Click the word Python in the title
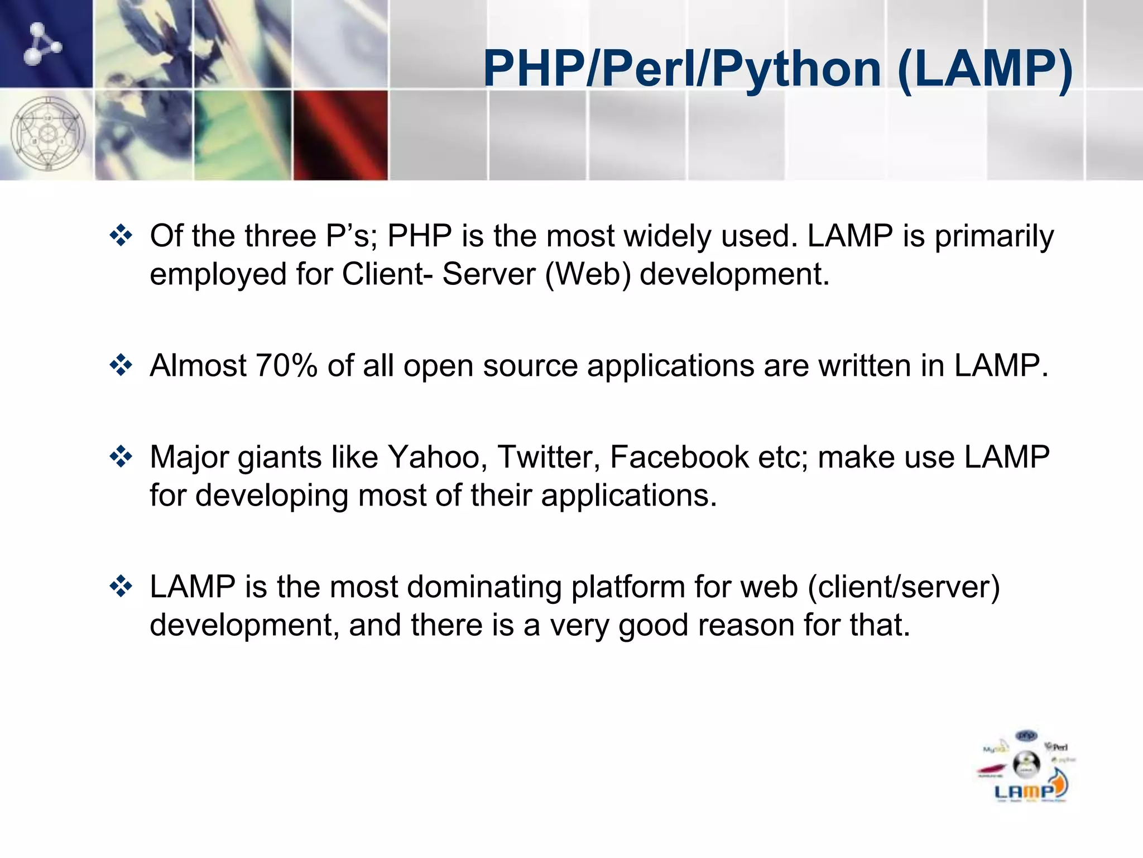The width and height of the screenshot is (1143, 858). coord(796,70)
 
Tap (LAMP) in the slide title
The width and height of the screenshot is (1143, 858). coord(985,70)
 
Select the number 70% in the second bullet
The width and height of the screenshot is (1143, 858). coord(286,366)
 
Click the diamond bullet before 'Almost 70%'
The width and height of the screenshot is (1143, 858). coord(121,366)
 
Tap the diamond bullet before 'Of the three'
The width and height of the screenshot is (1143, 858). coord(121,236)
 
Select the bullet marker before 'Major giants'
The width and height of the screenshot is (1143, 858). coord(121,457)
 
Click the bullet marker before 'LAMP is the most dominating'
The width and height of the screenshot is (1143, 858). coord(121,587)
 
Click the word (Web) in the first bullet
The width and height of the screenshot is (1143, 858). coord(588,274)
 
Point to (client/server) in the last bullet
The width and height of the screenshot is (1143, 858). coord(904,587)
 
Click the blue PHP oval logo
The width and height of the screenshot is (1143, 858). coord(1026,736)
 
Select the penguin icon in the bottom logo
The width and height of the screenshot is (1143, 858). coord(1026,764)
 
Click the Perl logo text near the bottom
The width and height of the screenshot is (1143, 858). coord(1058,747)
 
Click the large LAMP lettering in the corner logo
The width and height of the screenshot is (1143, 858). coord(1024,792)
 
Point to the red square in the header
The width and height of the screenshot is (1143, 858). coord(340,135)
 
